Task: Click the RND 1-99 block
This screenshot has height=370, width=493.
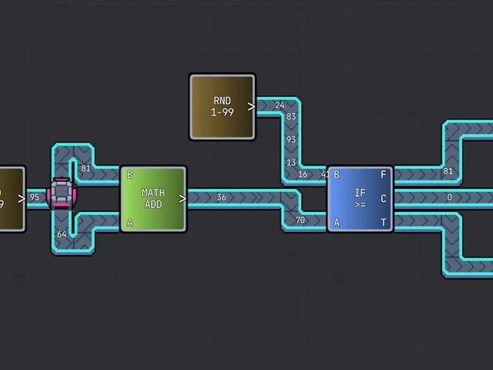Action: (x=223, y=107)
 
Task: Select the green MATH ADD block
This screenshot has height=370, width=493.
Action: (x=153, y=199)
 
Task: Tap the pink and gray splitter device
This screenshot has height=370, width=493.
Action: (x=62, y=193)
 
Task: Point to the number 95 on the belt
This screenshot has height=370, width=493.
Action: (x=34, y=197)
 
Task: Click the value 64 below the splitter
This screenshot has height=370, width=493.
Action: (x=62, y=234)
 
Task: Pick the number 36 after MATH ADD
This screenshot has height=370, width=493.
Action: (x=221, y=197)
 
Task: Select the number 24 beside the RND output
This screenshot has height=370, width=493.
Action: (x=280, y=105)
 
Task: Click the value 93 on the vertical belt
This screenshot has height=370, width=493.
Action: (x=291, y=140)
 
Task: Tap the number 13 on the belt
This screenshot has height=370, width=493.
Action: (x=291, y=163)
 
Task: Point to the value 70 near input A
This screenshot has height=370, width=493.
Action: (x=300, y=220)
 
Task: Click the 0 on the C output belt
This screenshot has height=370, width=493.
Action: (x=450, y=197)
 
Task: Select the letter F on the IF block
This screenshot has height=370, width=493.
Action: (x=384, y=175)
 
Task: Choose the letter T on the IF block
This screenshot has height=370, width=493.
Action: (x=384, y=223)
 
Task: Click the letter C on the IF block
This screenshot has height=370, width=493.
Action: (x=384, y=199)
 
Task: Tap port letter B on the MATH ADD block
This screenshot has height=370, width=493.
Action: (x=129, y=175)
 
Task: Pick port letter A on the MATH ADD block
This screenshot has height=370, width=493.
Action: (x=129, y=223)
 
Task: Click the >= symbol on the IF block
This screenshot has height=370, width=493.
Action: (x=360, y=204)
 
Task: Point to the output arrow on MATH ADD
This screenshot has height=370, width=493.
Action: (x=182, y=199)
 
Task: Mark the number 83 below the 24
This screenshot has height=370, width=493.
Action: (x=291, y=116)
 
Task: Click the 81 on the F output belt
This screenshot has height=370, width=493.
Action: (x=448, y=171)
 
